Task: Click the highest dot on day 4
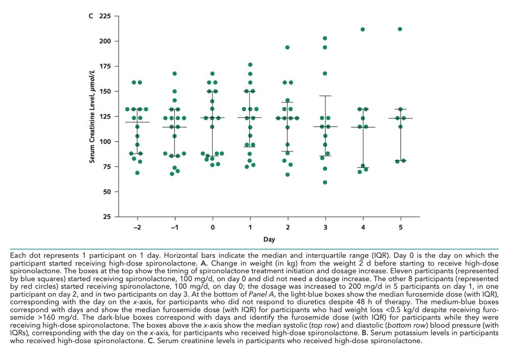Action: coord(363,30)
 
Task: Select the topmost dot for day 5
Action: coord(400,29)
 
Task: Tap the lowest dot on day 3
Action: coord(325,182)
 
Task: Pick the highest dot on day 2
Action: coord(287,47)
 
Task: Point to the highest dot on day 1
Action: coord(250,65)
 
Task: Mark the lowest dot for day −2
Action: coord(137,173)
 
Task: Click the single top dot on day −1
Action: coord(175,74)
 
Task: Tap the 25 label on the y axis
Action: coord(106,217)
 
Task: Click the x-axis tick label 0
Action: coord(212,226)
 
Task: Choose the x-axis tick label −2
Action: coord(137,226)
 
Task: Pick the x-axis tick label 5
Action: coord(400,226)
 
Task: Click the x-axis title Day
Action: coord(269,239)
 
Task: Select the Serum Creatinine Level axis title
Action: coord(93,116)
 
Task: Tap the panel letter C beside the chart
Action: coord(90,16)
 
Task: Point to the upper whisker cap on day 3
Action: coord(325,96)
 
